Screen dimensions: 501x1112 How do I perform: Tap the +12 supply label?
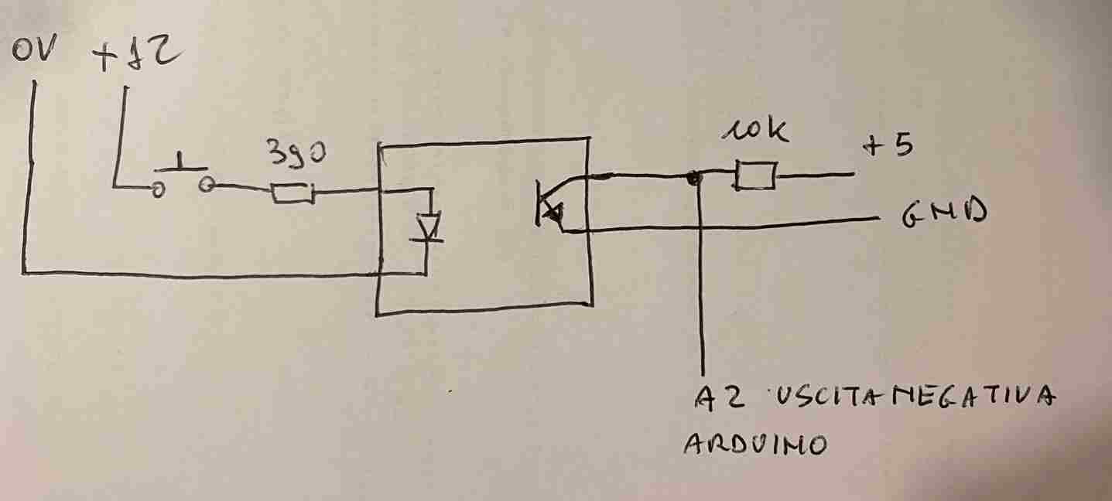tap(137, 56)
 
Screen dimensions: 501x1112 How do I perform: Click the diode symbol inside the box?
tap(427, 228)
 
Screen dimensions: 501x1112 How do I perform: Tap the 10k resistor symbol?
tap(754, 176)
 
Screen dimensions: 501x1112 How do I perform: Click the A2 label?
tap(720, 397)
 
